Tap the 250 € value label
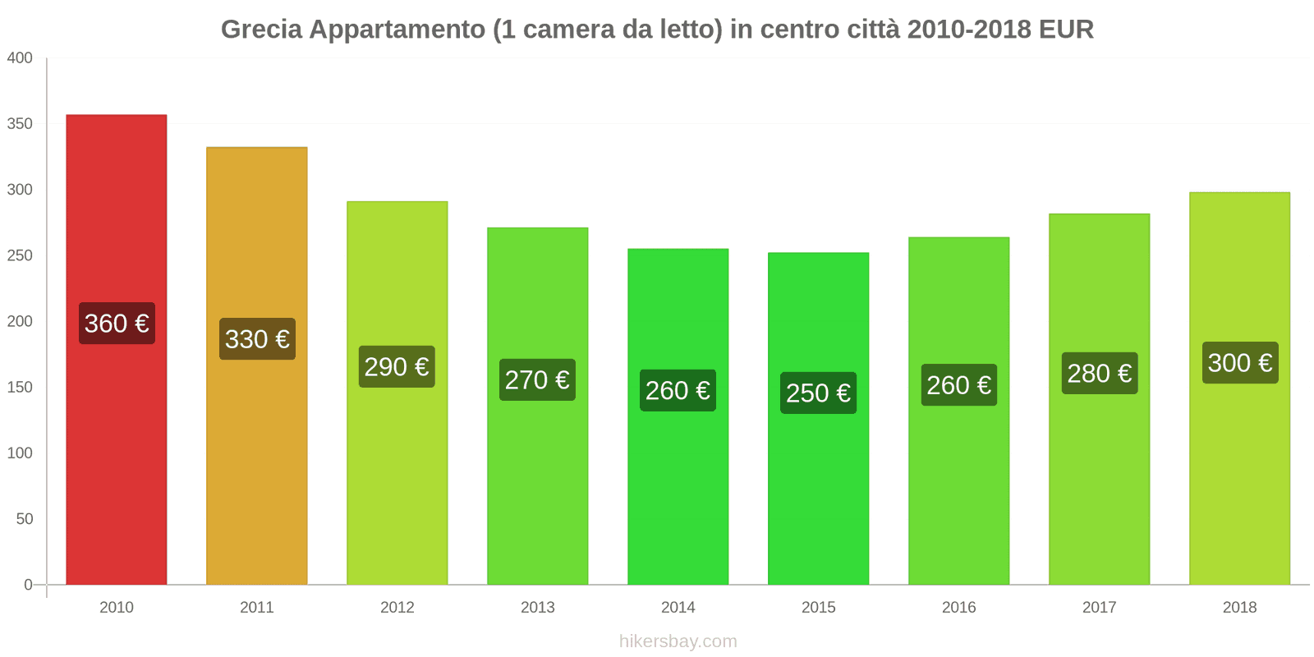[x=818, y=393]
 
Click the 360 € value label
[x=117, y=324]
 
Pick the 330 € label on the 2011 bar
[x=257, y=339]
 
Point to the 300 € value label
[x=1240, y=363]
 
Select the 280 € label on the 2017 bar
[x=1100, y=374]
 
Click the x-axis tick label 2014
[x=678, y=607]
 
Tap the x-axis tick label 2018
[x=1239, y=607]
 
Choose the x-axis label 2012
[x=397, y=607]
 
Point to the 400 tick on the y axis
[x=20, y=57]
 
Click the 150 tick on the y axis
[x=20, y=387]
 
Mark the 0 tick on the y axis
[x=28, y=585]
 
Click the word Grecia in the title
[x=261, y=30]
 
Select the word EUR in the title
[x=1066, y=30]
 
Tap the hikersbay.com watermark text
[x=678, y=641]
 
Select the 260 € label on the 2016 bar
[x=959, y=385]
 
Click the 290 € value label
[x=397, y=367]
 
